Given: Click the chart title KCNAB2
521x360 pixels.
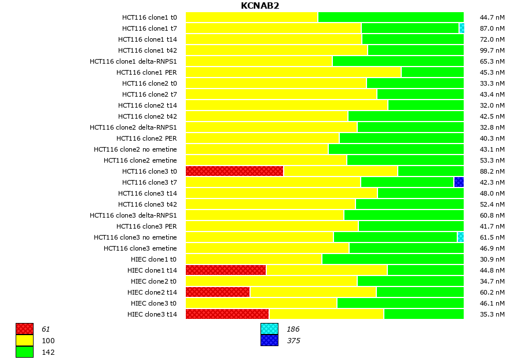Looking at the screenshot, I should pyautogui.click(x=260, y=6).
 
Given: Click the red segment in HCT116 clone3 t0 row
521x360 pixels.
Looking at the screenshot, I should pyautogui.click(x=234, y=171).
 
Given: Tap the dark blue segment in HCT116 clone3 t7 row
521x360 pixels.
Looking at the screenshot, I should pyautogui.click(x=458, y=182).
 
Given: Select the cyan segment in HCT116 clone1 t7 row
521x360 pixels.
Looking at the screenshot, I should pyautogui.click(x=461, y=28).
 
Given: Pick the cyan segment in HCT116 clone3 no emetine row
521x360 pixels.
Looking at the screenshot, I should pyautogui.click(x=461, y=237).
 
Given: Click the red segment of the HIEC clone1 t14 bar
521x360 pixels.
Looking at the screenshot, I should pyautogui.click(x=226, y=270).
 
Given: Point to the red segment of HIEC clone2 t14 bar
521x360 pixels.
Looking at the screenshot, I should pyautogui.click(x=218, y=292).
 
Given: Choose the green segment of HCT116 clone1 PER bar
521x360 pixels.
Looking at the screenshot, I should pyautogui.click(x=432, y=72).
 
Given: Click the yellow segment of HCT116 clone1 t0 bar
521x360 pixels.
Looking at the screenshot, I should pyautogui.click(x=252, y=17).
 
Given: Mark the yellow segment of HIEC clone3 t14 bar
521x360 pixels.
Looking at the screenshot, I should pyautogui.click(x=326, y=314).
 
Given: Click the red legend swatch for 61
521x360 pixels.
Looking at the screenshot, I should pyautogui.click(x=24, y=329).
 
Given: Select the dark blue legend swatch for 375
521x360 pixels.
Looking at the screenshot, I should pyautogui.click(x=269, y=340).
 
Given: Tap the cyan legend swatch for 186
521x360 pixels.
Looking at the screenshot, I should pyautogui.click(x=269, y=329).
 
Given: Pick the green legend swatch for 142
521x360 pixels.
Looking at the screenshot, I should pyautogui.click(x=24, y=352).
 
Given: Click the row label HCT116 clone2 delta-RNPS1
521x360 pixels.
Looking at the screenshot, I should pyautogui.click(x=133, y=127).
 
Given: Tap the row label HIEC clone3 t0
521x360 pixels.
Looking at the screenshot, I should pyautogui.click(x=153, y=303).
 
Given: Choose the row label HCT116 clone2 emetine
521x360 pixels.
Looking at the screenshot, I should pyautogui.click(x=140, y=160).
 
